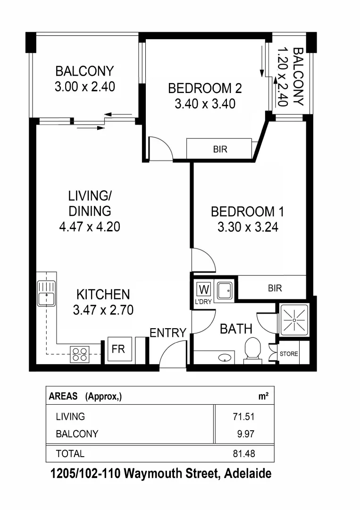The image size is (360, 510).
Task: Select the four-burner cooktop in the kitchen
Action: coord(80,354)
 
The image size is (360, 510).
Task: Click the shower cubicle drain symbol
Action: coord(293,320)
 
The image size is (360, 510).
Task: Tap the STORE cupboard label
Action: coord(288,354)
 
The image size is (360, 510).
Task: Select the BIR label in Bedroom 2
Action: coord(220,150)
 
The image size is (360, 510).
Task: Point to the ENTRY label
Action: coord(167,333)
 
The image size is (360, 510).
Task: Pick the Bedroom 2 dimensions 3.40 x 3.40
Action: coord(205,103)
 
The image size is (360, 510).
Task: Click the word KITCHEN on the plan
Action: coord(103,295)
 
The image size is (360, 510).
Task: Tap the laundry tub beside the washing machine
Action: coord(224,290)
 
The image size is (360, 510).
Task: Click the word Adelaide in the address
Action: coord(248,474)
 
